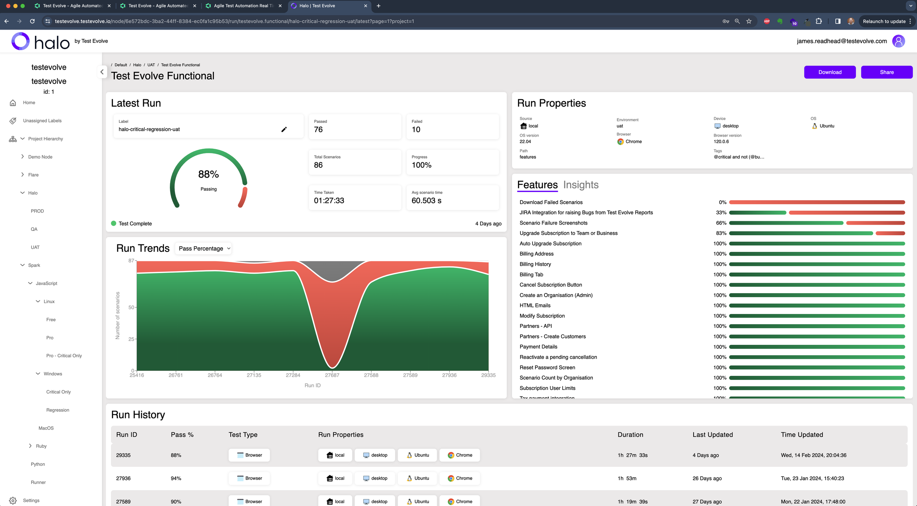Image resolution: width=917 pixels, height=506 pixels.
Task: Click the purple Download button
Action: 829,72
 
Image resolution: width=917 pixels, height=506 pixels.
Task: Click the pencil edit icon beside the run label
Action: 284,129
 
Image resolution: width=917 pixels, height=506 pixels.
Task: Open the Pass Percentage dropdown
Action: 204,248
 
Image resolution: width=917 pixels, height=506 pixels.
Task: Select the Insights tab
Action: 581,185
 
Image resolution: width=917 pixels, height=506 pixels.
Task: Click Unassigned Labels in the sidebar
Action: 42,121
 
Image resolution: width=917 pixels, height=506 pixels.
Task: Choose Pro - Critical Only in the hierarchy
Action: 64,355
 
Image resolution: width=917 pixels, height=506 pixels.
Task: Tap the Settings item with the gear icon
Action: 31,500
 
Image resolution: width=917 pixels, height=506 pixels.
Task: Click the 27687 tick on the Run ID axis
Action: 332,375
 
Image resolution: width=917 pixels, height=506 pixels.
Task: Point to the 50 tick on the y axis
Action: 131,307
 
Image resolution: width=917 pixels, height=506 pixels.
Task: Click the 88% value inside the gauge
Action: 208,174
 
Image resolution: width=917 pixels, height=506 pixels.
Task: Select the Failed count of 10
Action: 416,130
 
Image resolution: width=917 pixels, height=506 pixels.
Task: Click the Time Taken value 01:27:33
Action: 329,201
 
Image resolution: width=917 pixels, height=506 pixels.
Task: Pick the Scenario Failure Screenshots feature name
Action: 553,223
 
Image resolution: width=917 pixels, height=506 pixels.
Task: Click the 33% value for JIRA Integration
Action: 721,213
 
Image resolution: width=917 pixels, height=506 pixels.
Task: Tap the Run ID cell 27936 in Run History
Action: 123,478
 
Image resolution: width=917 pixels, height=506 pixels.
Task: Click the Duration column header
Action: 630,435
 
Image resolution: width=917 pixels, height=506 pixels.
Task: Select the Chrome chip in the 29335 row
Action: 460,455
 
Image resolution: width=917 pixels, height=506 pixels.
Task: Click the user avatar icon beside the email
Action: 898,41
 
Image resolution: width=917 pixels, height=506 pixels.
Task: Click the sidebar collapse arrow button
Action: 102,72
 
